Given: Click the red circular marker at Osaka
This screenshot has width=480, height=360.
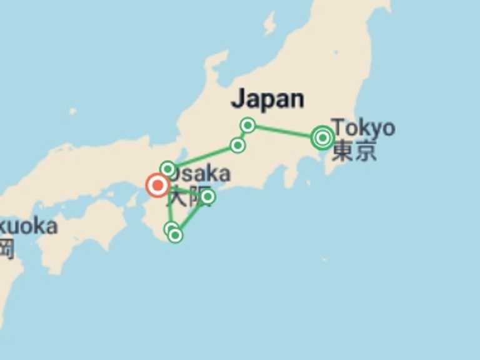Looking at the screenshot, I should coord(157,186).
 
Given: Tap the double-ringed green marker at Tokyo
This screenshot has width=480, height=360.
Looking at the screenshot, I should coord(322,137).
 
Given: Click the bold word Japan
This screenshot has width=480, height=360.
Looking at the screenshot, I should coord(267,99).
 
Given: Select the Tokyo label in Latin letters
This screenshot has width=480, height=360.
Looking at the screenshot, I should coord(363,127).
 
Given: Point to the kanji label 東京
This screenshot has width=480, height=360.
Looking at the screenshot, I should coord(354,151).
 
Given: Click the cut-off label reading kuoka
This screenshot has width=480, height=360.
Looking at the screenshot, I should coord(28,226).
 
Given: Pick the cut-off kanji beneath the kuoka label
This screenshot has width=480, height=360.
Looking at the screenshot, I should coord(6,249).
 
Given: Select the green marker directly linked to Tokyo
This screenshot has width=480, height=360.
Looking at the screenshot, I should coord(247,125).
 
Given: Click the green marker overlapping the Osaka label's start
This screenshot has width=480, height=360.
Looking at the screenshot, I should coord(167,169).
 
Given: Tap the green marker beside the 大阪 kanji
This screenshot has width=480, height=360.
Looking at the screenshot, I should coord(207,197).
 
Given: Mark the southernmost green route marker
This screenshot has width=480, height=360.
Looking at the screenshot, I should coord(176,236).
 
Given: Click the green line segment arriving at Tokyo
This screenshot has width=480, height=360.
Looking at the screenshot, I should coord(284,131).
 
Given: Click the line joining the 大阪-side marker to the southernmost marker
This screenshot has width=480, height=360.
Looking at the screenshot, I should coord(192,216).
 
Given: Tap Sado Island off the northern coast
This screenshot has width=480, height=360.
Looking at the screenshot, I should coord(269,24).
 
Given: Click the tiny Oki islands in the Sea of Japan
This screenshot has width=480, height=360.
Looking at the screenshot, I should coord(73,111).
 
